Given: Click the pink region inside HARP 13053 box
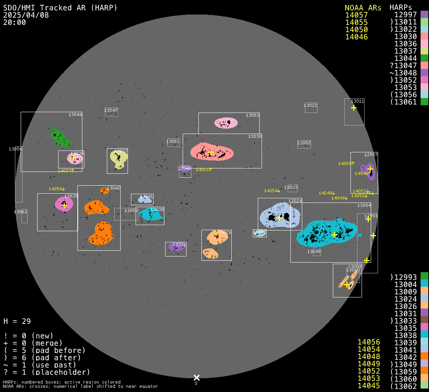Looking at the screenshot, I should tap(226, 123).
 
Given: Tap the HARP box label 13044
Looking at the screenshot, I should tap(75, 114).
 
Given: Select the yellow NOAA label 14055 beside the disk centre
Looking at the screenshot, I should tap(204, 170).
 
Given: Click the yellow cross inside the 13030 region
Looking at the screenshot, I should tap(211, 152).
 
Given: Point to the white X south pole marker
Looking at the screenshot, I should tap(196, 378).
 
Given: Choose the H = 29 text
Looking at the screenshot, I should tap(17, 321).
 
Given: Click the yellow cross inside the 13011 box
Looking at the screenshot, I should tap(354, 108).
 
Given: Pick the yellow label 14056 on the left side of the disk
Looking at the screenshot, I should tap(57, 189).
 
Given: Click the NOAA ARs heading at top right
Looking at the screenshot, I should tap(363, 8).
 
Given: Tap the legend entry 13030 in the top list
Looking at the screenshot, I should tap(405, 37).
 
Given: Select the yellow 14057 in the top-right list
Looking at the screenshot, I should tap(356, 15).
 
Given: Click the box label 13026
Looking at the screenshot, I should tap(224, 232).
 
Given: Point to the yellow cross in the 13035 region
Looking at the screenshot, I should tap(64, 205).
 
